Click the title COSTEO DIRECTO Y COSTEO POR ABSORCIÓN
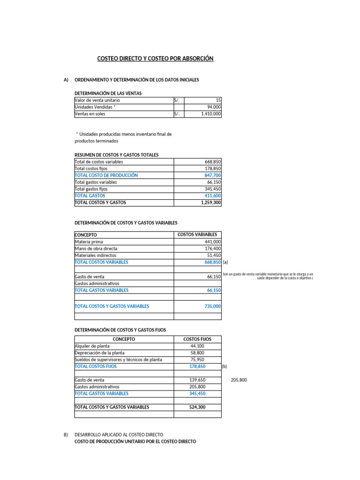(155, 59)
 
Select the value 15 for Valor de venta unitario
(218, 100)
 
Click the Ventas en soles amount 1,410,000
(210, 114)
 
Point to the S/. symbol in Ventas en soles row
(177, 114)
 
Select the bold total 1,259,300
(211, 203)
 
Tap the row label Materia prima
(89, 242)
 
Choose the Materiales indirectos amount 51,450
(214, 255)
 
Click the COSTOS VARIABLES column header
(197, 234)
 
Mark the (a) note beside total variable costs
(225, 262)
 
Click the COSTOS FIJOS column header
(197, 339)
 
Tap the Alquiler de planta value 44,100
(197, 346)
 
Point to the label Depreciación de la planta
(100, 353)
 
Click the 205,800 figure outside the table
(239, 380)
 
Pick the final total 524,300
(197, 407)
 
